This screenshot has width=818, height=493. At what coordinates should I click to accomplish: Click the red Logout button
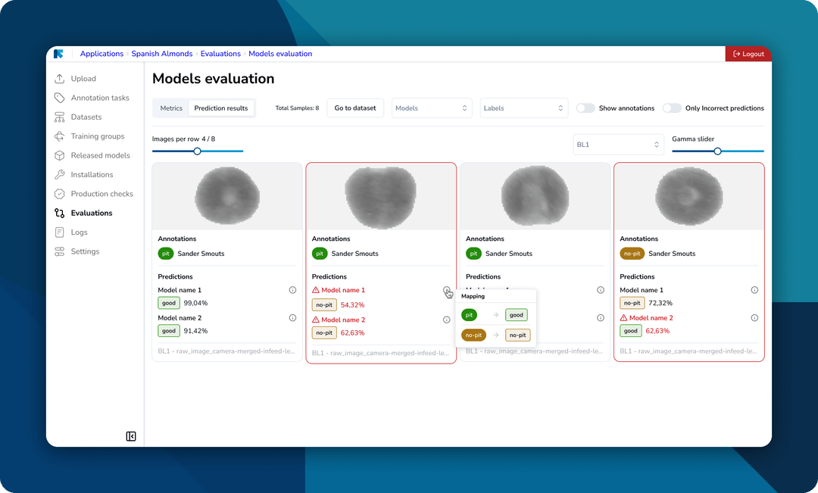click(x=748, y=54)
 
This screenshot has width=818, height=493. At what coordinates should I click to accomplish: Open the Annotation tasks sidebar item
click(x=99, y=98)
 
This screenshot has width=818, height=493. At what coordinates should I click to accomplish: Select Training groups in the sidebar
click(x=97, y=136)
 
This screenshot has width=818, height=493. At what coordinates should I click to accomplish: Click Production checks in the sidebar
click(x=101, y=194)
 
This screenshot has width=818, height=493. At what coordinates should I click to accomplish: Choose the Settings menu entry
click(x=85, y=251)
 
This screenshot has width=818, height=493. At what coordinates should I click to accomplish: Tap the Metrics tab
click(x=171, y=108)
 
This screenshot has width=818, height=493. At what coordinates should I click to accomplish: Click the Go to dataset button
click(x=355, y=108)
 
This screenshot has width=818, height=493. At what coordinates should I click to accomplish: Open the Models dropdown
click(x=432, y=108)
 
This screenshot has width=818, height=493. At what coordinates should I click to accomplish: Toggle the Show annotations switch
click(x=585, y=108)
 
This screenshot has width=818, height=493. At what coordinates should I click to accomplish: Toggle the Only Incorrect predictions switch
click(x=672, y=108)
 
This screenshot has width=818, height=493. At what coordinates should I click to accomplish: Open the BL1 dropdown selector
click(x=618, y=145)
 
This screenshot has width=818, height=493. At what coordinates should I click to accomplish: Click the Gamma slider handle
click(x=717, y=151)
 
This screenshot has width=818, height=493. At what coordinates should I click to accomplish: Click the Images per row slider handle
click(x=197, y=151)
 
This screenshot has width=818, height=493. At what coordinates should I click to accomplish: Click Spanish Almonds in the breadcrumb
click(x=162, y=54)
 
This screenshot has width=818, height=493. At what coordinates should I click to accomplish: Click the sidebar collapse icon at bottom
click(x=131, y=436)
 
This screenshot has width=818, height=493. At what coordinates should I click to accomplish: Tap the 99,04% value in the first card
click(x=195, y=303)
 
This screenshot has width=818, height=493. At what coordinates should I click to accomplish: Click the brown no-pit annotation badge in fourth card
click(x=632, y=254)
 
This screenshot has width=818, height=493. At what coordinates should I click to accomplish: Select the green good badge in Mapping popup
click(x=517, y=315)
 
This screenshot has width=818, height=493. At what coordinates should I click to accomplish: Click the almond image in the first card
click(x=226, y=196)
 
